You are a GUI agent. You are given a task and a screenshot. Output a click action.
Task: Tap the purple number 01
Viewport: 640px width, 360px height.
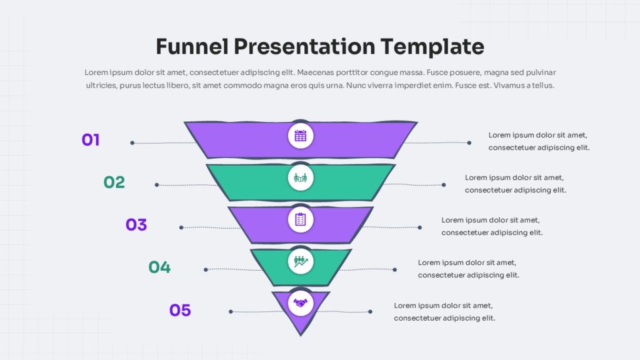(91, 140)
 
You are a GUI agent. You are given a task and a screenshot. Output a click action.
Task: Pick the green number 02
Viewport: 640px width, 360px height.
(114, 182)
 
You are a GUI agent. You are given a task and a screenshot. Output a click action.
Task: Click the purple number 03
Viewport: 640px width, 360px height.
(136, 224)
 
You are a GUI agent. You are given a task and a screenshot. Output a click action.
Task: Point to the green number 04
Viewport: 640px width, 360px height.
(159, 267)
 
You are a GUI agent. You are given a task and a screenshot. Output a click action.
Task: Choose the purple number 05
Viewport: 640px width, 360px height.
(180, 310)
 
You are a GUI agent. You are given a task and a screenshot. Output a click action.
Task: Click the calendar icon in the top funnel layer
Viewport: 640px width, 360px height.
(301, 136)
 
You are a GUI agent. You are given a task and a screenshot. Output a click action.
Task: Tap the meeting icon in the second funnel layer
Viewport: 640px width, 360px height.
(301, 178)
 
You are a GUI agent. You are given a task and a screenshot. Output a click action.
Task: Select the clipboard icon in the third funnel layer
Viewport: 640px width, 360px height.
(301, 219)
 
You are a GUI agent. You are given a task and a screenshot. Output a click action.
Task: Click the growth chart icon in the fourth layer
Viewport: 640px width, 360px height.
(301, 261)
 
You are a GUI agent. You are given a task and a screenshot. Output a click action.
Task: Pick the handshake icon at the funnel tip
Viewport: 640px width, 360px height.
(301, 303)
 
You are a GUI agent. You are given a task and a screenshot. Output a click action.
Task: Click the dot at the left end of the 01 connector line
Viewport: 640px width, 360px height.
(132, 143)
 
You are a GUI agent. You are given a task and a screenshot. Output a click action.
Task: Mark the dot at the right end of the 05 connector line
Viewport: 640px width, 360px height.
(370, 311)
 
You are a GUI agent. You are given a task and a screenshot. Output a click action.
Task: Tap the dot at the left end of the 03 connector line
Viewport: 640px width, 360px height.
(181, 227)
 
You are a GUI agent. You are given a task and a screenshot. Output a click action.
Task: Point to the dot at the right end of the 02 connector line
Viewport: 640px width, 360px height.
(444, 185)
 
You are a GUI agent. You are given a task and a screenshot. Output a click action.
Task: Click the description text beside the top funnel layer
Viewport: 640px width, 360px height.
(539, 141)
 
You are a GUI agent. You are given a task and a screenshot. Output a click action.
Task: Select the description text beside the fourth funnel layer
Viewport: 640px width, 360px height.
(468, 269)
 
